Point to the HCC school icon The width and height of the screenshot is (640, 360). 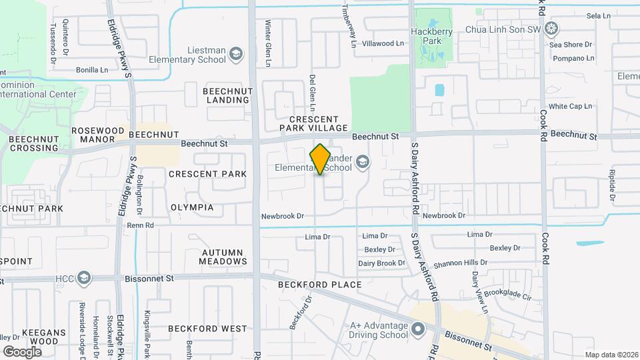(83, 277)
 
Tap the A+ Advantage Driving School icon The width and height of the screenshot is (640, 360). (418, 329)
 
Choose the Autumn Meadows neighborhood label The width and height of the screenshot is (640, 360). (224, 257)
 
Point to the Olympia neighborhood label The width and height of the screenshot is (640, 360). (192, 207)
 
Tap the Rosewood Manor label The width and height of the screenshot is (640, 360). (98, 135)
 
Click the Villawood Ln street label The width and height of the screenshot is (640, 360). (383, 43)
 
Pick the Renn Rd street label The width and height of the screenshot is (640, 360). (140, 225)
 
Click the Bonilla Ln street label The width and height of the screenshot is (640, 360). (92, 69)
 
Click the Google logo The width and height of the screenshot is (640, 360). (22, 351)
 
